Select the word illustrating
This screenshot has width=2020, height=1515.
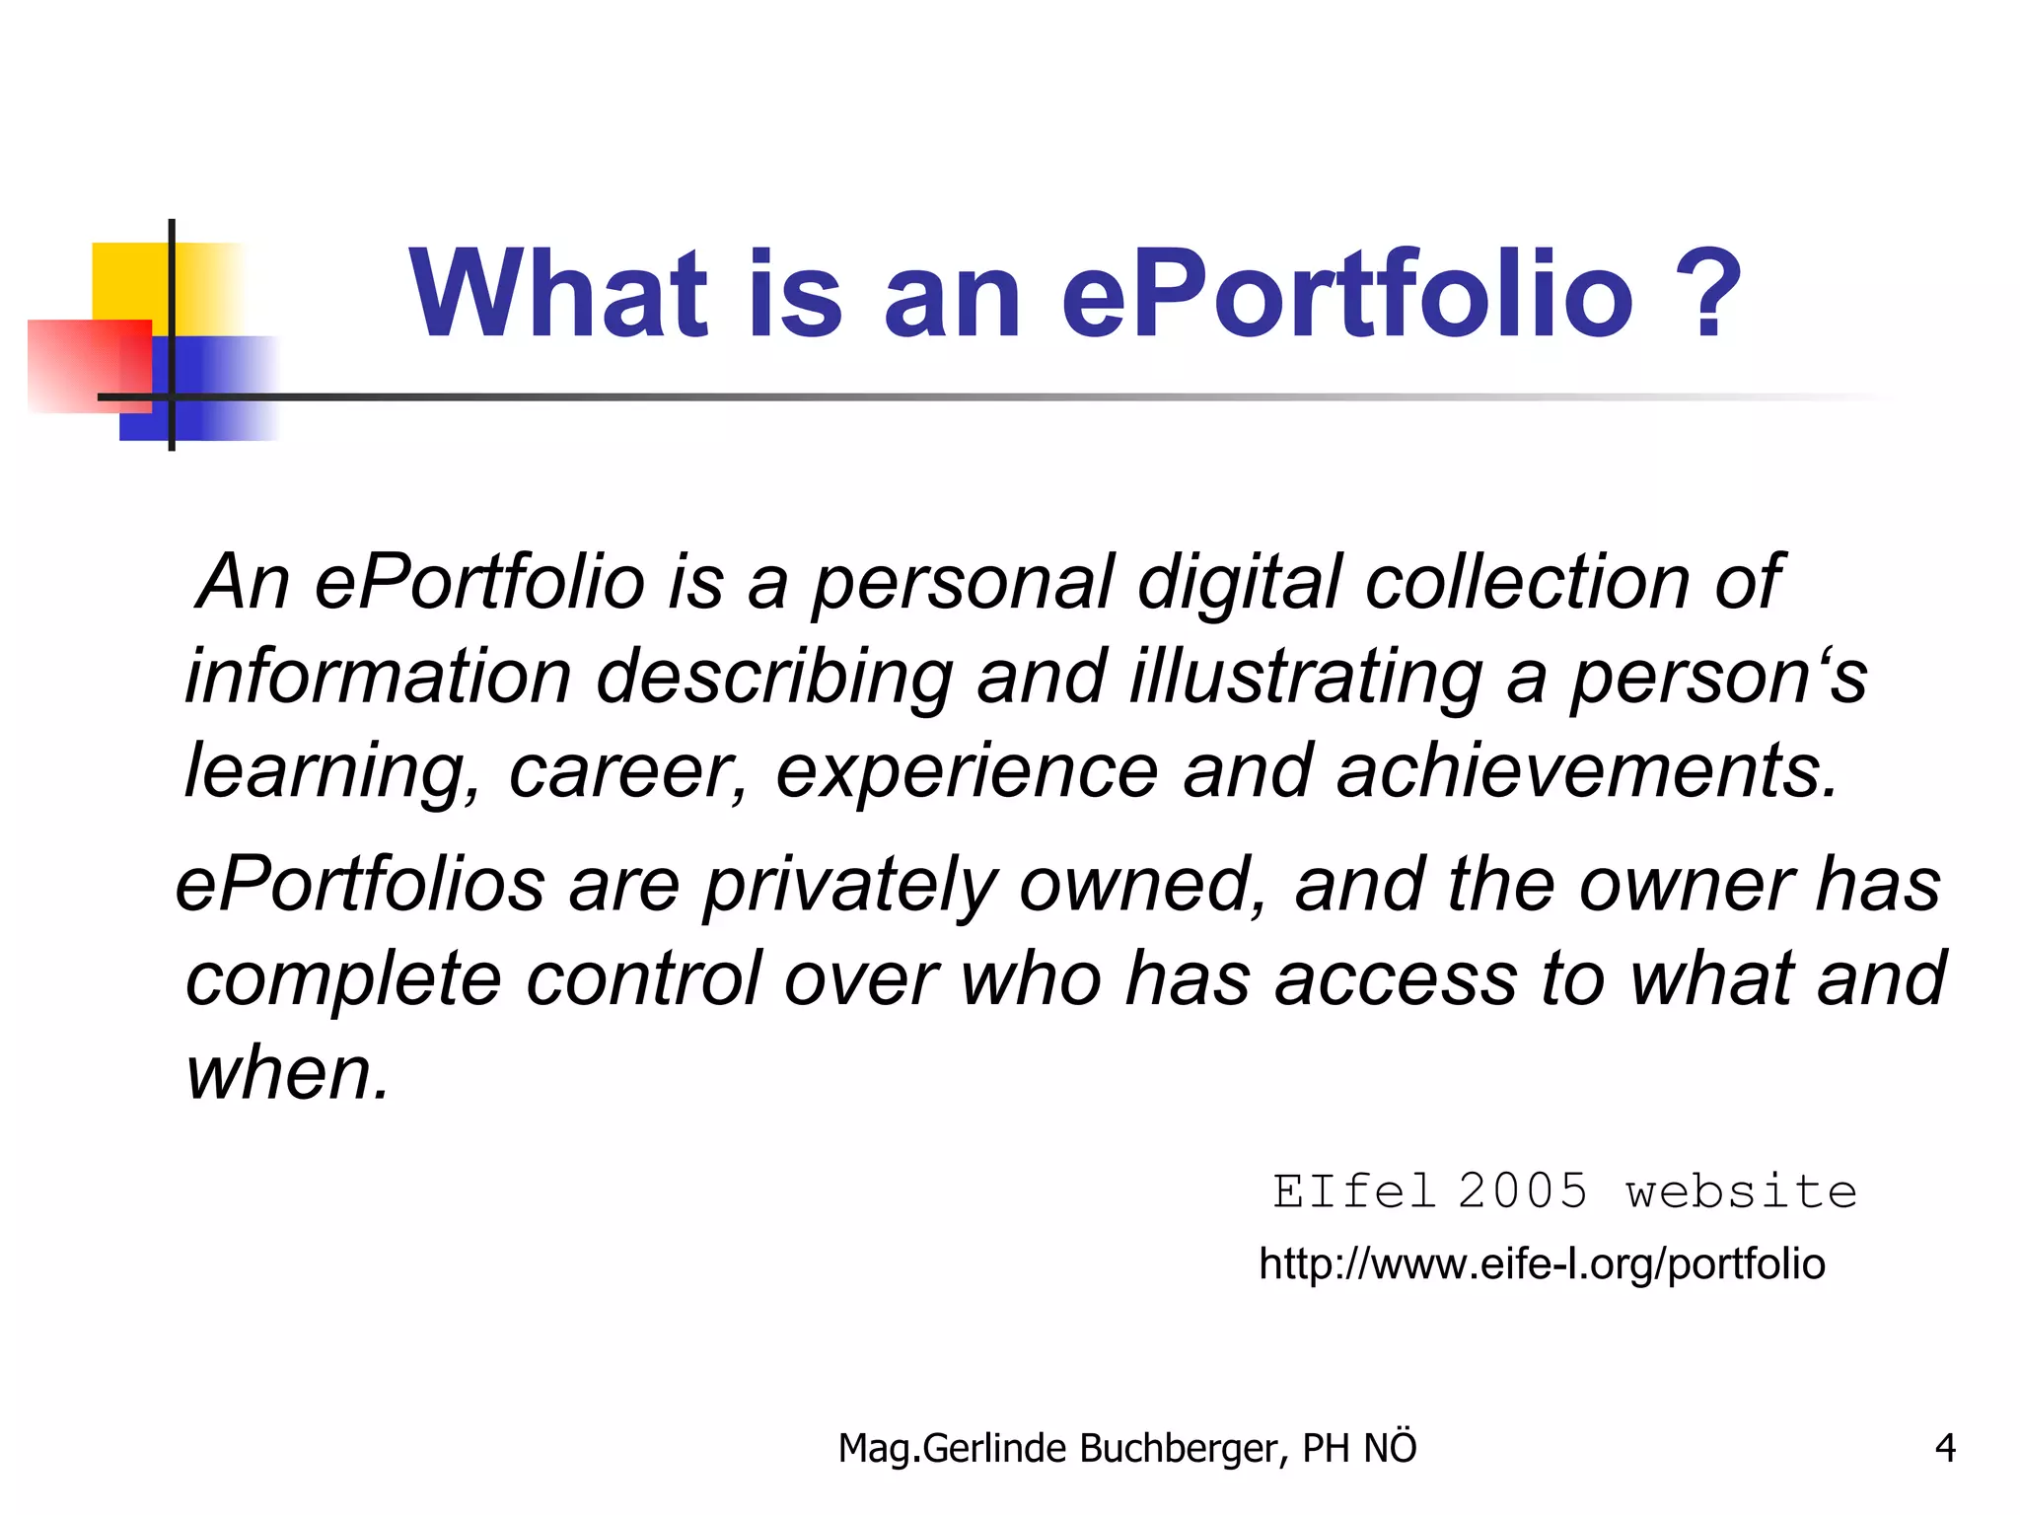coord(1306,679)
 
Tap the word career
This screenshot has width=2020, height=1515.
coord(627,771)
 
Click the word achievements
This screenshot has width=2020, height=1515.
coord(1587,771)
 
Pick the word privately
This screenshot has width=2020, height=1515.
coord(849,886)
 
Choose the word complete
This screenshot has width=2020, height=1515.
coord(343,980)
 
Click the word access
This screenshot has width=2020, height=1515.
coord(1396,978)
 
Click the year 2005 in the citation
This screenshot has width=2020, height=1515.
coord(1523,1191)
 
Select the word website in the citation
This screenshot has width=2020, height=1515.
coord(1742,1191)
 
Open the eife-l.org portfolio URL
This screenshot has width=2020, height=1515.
coord(1542,1264)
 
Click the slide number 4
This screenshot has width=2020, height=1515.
coord(1945,1448)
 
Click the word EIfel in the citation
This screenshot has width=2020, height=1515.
coord(1353,1191)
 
